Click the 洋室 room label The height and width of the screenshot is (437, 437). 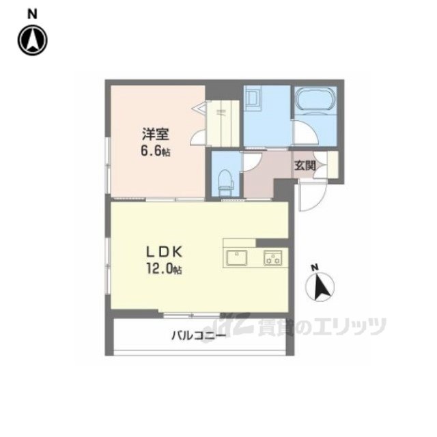(x=155, y=135)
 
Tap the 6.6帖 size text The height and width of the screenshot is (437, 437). (x=156, y=152)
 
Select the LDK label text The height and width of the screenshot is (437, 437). (x=165, y=252)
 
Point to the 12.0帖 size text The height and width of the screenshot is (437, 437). (x=164, y=270)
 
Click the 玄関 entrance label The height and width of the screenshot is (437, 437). (x=305, y=166)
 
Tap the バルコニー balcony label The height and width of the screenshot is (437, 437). (x=199, y=335)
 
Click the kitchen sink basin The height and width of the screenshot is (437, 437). (x=237, y=257)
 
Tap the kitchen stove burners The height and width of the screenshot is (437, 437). (x=273, y=257)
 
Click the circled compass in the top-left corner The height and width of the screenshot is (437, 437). (x=33, y=41)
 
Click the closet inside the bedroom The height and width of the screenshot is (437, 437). (x=223, y=123)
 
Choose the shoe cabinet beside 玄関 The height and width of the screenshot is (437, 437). (x=333, y=165)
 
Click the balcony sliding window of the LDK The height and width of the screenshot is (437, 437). (x=192, y=315)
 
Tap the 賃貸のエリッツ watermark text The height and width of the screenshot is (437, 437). (x=322, y=326)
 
